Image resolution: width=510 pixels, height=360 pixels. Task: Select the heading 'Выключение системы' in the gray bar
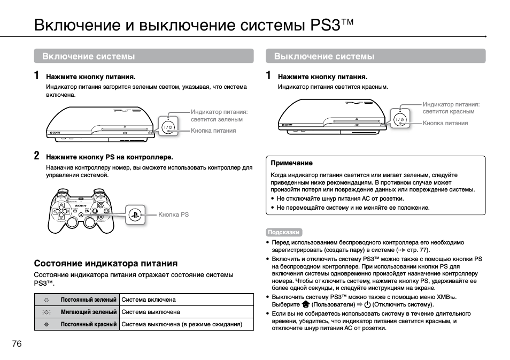pyautogui.click(x=324, y=56)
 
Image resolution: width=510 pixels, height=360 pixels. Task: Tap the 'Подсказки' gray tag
pyautogui.click(x=283, y=232)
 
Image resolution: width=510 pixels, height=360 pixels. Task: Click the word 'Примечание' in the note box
pyautogui.click(x=291, y=163)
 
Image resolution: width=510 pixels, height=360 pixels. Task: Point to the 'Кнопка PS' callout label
pyautogui.click(x=173, y=215)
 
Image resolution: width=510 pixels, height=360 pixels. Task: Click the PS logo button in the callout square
pyautogui.click(x=136, y=215)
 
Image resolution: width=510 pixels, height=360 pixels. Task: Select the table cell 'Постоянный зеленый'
pyautogui.click(x=88, y=300)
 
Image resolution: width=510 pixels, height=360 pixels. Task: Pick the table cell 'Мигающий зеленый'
pyautogui.click(x=88, y=312)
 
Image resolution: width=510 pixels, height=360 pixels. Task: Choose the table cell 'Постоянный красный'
pyautogui.click(x=88, y=324)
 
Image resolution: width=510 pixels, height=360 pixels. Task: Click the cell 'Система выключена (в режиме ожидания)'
pyautogui.click(x=182, y=324)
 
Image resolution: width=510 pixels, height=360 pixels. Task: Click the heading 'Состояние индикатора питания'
pyautogui.click(x=106, y=263)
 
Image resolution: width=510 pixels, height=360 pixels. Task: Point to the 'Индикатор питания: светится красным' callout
pyautogui.click(x=451, y=108)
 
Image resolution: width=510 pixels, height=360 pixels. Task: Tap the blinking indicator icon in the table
pyautogui.click(x=47, y=312)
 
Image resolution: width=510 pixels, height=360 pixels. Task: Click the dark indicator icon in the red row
pyautogui.click(x=47, y=324)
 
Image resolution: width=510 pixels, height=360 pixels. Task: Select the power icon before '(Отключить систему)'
pyautogui.click(x=367, y=304)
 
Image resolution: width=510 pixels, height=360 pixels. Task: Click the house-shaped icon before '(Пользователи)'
pyautogui.click(x=305, y=304)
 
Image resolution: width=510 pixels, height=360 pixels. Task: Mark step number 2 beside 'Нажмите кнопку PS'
pyautogui.click(x=37, y=156)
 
